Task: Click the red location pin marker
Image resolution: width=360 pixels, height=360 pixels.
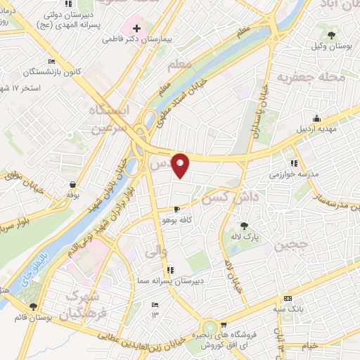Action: pos(181,165)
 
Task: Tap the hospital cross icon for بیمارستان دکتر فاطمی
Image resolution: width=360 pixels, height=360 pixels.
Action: pos(136,30)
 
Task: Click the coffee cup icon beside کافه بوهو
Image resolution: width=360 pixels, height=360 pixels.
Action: pos(176,209)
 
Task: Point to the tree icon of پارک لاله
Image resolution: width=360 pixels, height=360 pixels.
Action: pos(244,226)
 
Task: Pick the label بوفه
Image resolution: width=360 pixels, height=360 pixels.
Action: pos(72,193)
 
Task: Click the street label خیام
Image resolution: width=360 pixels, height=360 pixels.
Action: pos(310,345)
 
